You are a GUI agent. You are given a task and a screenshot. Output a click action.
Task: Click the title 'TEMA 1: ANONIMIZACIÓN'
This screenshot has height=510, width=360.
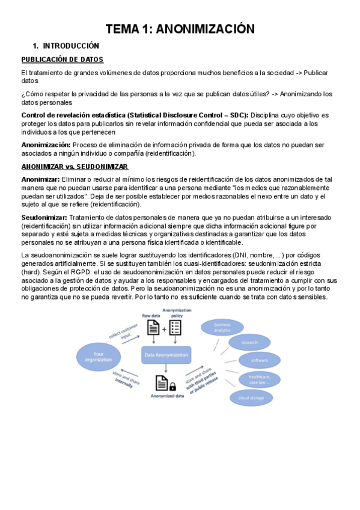[x=180, y=28]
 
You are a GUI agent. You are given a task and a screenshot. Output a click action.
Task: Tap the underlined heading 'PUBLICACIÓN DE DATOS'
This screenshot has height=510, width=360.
[x=63, y=59]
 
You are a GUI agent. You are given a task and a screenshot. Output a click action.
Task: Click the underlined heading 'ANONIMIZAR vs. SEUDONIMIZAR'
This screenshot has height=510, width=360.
[x=75, y=167]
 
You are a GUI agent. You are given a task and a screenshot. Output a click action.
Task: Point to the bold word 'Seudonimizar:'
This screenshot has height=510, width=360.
[x=44, y=217]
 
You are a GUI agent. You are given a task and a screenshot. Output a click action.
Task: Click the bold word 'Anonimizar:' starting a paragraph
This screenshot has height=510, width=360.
[x=40, y=179]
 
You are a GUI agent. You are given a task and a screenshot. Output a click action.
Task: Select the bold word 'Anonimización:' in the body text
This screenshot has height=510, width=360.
[x=46, y=145]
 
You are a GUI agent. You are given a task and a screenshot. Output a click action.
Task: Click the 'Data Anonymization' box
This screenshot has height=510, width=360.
[x=166, y=355]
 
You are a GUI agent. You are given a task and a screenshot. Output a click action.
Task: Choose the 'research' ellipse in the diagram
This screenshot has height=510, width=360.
[x=249, y=343]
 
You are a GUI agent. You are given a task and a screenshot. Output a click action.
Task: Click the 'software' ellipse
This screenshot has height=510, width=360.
[x=259, y=360]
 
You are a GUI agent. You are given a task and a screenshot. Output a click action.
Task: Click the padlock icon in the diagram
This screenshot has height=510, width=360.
[x=172, y=386]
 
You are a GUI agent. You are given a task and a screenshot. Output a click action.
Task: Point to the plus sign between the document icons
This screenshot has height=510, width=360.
[x=164, y=328]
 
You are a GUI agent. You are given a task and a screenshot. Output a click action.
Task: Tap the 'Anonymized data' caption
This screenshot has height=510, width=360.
[x=166, y=396]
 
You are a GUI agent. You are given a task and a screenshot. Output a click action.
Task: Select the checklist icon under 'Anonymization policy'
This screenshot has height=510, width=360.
[x=175, y=328]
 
